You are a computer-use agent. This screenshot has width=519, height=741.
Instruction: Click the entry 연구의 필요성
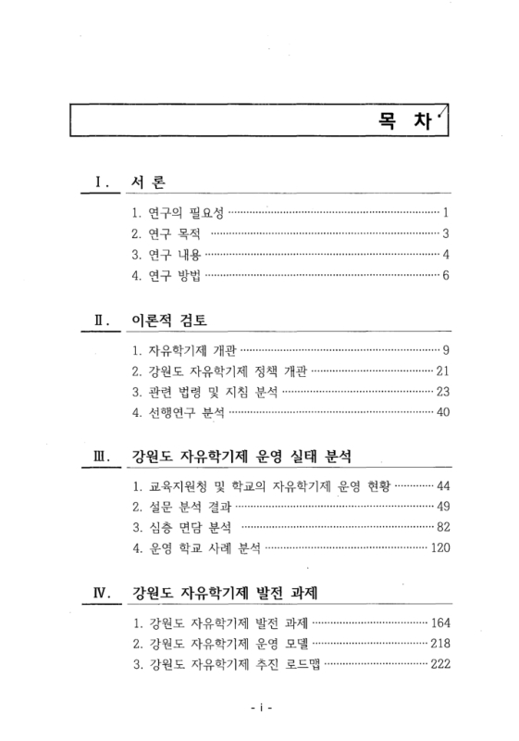179,211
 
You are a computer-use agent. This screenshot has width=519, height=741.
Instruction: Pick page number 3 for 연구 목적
445,233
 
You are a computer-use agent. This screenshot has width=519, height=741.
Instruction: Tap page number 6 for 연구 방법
445,275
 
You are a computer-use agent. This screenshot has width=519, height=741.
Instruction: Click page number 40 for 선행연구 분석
441,412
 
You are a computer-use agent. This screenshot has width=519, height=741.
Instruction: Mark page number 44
441,485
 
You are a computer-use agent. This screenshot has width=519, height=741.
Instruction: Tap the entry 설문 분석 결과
181,507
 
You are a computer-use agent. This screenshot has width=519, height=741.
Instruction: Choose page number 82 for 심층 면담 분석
441,528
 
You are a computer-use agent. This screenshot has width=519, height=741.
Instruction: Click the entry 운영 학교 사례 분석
197,549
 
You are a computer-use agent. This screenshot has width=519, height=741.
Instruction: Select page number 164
439,622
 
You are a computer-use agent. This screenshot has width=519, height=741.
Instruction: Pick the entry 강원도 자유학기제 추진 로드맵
227,664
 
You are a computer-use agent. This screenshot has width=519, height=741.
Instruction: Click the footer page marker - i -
260,709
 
